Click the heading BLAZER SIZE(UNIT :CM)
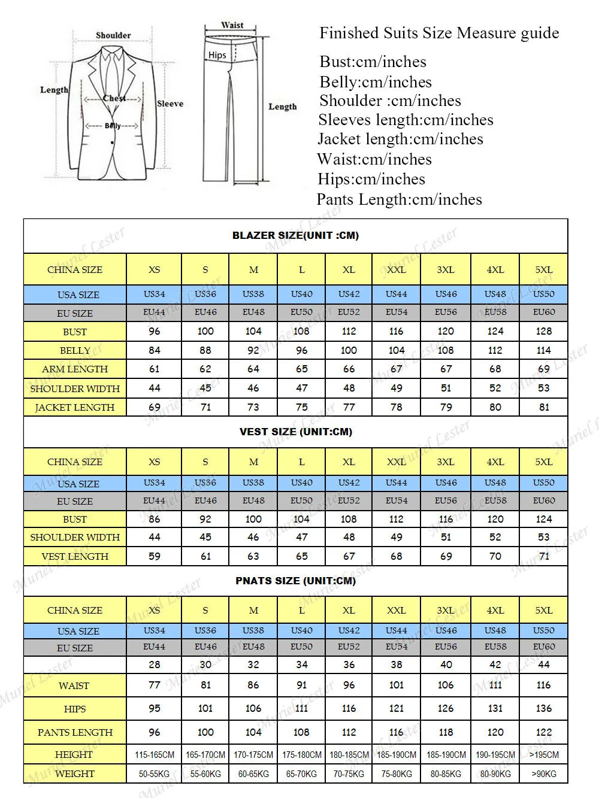[295, 235]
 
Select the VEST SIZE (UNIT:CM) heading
[295, 432]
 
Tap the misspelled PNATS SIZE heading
[295, 581]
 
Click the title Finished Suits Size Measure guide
[439, 33]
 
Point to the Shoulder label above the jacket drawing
[113, 35]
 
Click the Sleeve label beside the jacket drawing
[170, 104]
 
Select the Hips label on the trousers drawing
[217, 55]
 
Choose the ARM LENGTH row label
[75, 369]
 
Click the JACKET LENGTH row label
[75, 407]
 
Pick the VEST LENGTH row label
[75, 556]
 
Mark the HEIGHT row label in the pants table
[74, 754]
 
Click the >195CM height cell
[544, 754]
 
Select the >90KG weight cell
[544, 773]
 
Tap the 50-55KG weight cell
[155, 773]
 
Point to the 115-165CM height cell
[155, 754]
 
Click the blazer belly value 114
[544, 350]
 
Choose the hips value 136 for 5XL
[544, 708]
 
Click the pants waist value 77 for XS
[155, 685]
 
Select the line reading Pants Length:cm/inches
[399, 199]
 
